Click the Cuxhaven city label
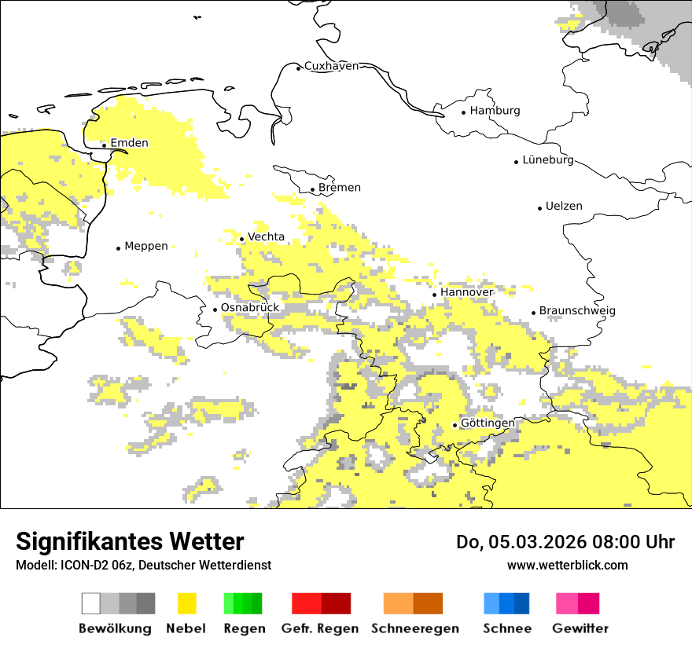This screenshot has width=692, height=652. coord(331,66)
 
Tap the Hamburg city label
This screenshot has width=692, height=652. coord(495,111)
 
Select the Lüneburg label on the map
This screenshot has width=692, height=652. coord(547,160)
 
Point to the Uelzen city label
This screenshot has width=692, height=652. coord(564,207)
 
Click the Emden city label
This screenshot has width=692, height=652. coord(129,143)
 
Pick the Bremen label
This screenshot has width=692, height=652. coord(340,188)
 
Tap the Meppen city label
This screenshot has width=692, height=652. coord(146,247)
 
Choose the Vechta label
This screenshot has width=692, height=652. coord(266,237)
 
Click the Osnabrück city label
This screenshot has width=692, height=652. coord(250,308)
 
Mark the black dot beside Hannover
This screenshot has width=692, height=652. coord(434,295)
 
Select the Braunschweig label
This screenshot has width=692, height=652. coord(577,311)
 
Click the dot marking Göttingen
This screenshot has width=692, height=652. coord(455,425)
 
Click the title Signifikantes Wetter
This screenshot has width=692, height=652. coord(130,542)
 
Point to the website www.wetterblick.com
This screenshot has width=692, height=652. coord(567,566)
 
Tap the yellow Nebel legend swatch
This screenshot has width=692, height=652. coord(186,603)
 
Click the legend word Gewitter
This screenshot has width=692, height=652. coord(580,628)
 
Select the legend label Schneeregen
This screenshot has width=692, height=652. coord(415,628)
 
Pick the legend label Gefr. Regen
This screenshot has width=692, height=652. coord(320,628)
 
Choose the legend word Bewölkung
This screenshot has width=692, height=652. coord(115,628)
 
